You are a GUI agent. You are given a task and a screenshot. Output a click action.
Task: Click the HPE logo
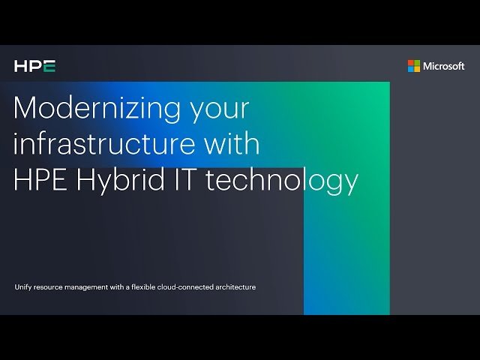pyautogui.click(x=34, y=67)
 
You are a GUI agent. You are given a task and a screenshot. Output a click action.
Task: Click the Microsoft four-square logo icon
pyautogui.click(x=414, y=66)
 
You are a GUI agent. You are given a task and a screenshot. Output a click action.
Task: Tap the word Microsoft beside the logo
pyautogui.click(x=444, y=66)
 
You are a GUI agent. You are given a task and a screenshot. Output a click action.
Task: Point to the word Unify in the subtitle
pyautogui.click(x=23, y=286)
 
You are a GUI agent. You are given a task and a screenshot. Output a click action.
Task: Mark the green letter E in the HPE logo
pyautogui.click(x=49, y=67)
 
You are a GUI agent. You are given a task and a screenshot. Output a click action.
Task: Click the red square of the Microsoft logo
pyautogui.click(x=411, y=63)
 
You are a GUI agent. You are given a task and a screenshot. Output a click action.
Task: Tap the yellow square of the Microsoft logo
pyautogui.click(x=417, y=69)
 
